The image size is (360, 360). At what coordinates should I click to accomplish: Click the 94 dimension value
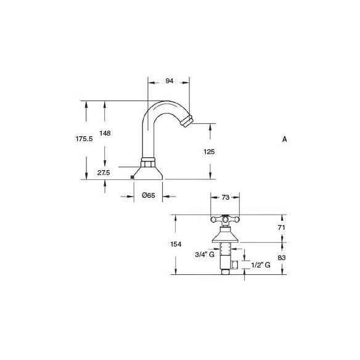(169, 81)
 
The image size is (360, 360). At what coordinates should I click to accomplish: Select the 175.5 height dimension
(84, 139)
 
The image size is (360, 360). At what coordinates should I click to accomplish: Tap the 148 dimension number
(105, 133)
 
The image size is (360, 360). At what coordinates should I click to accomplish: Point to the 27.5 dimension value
(104, 173)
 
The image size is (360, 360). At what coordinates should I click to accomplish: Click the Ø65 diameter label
(149, 195)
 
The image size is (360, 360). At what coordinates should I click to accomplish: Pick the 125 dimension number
(209, 152)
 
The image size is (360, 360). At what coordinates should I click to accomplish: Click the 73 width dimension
(226, 197)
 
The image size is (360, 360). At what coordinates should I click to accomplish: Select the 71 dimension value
(281, 227)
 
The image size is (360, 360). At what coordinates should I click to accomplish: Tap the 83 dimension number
(282, 258)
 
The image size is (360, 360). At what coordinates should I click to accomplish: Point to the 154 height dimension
(176, 244)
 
